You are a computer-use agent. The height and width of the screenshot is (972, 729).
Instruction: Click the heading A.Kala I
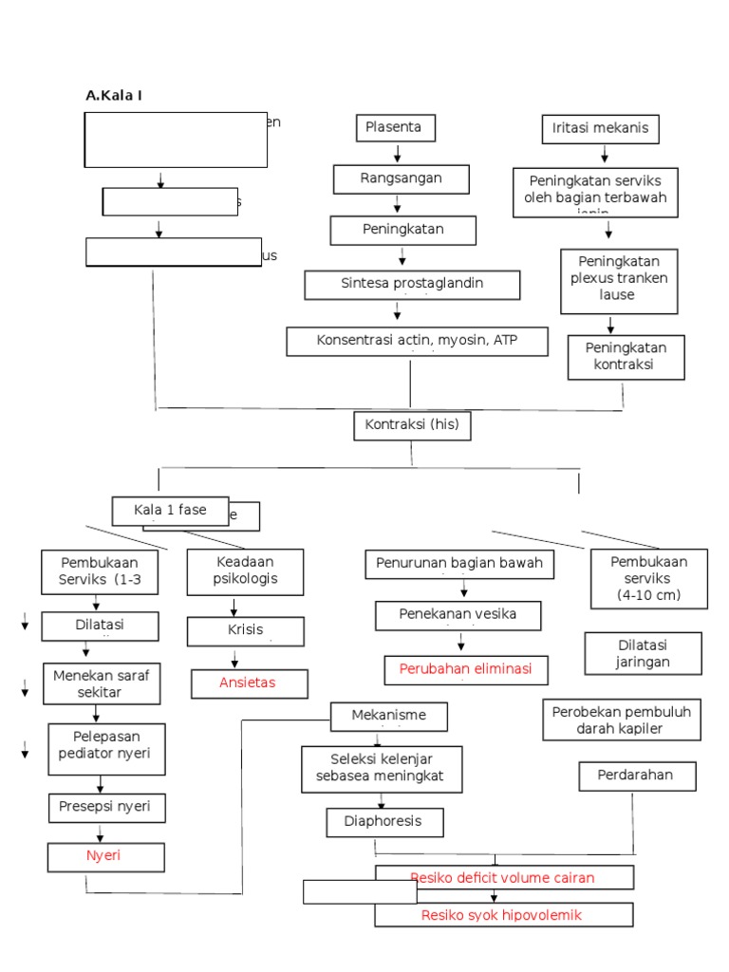(114, 95)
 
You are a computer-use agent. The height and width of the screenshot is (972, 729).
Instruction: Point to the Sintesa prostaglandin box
(412, 285)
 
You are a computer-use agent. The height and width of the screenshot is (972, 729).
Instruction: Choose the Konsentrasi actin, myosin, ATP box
(417, 341)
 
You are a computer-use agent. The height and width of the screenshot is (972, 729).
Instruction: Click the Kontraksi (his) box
(412, 425)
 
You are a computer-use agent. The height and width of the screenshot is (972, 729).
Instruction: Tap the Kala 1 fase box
(171, 511)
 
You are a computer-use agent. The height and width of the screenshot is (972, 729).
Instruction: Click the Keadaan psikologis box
(245, 571)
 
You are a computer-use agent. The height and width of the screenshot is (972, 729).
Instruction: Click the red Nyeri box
(105, 856)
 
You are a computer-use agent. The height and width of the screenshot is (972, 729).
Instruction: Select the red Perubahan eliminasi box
(459, 669)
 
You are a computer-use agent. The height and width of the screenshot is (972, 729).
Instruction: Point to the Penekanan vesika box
(458, 615)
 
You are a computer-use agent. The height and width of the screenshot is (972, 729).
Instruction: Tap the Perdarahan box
(637, 776)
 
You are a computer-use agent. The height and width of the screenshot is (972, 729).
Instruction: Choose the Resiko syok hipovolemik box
(503, 915)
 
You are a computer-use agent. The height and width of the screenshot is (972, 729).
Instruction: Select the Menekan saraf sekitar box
(102, 683)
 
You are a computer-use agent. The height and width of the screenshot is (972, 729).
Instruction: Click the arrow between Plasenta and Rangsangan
(397, 154)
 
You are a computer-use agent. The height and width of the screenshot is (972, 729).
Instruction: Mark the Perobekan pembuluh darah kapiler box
(622, 720)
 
